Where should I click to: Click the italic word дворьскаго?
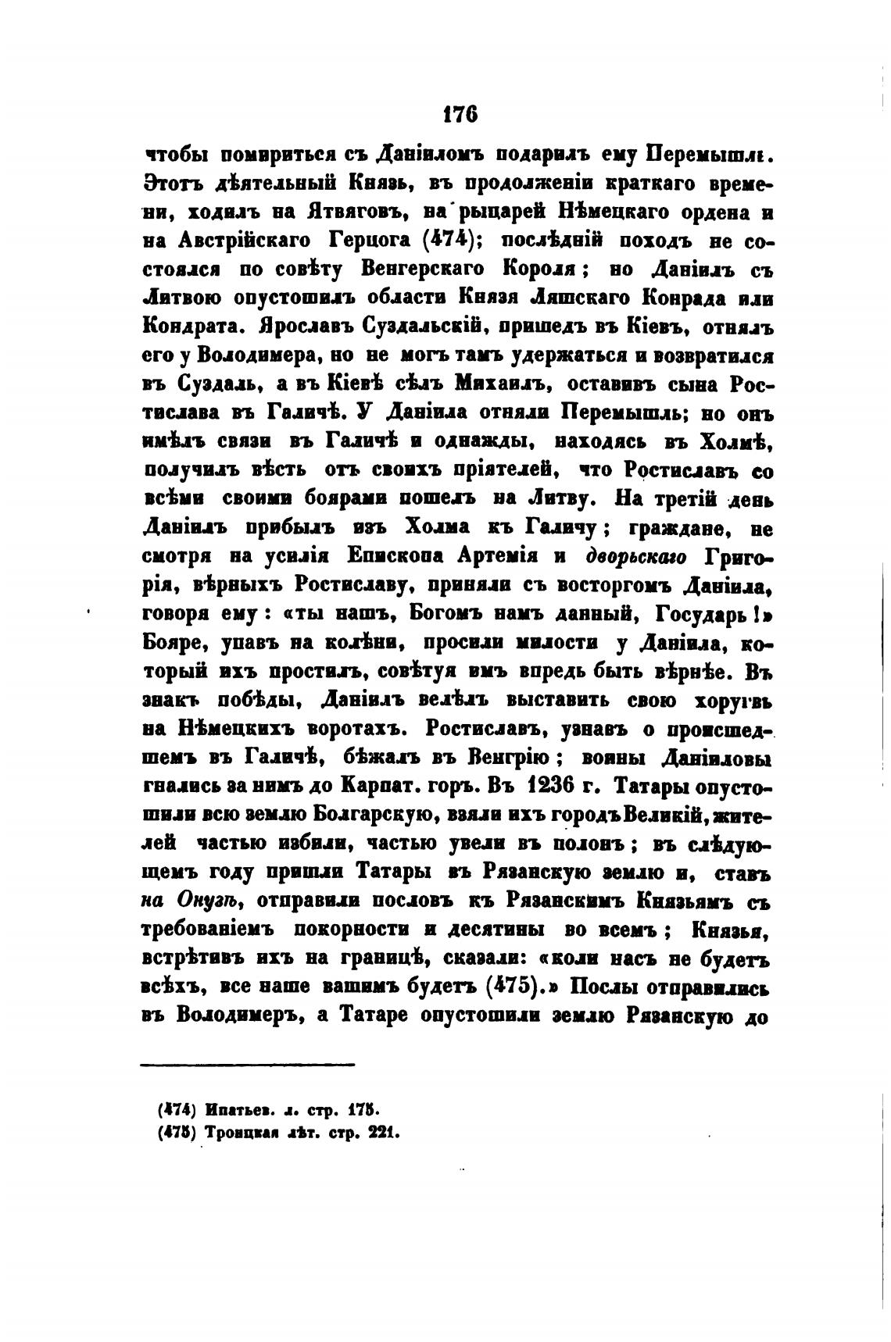pyautogui.click(x=635, y=558)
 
